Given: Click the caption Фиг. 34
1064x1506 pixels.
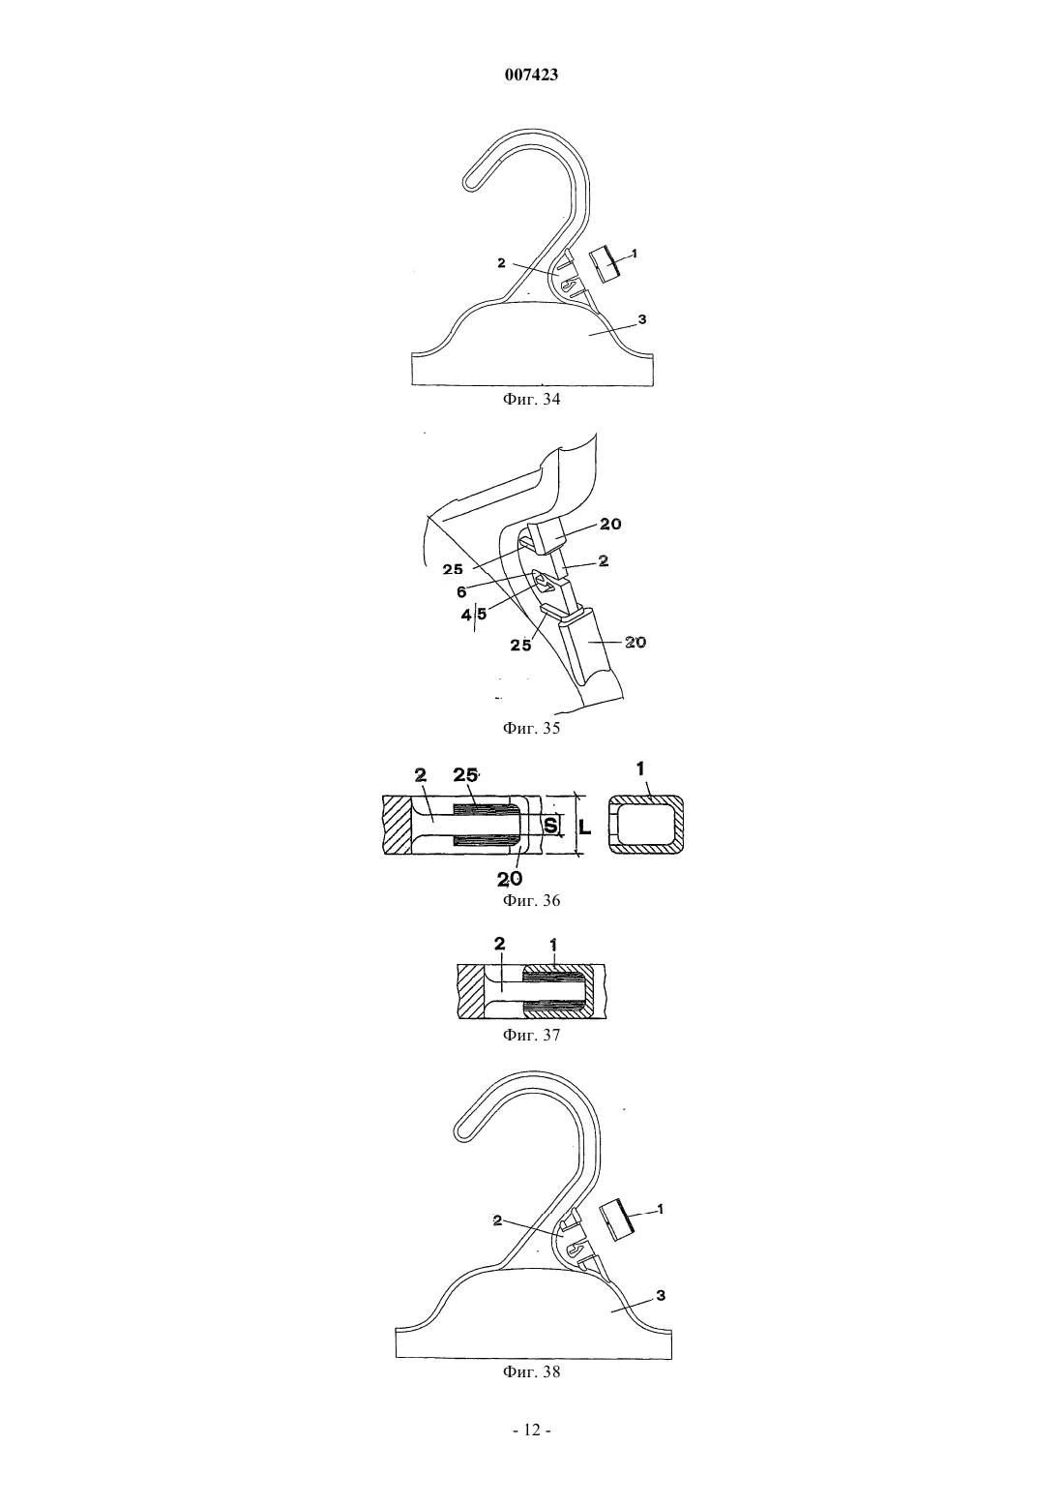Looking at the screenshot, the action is click(531, 399).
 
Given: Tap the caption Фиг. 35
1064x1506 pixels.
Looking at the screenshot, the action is click(531, 728).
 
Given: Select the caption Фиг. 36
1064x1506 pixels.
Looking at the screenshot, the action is click(531, 900).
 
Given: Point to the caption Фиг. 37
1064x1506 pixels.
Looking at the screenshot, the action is click(531, 1035).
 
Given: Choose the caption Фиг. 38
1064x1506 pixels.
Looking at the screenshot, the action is click(531, 1371).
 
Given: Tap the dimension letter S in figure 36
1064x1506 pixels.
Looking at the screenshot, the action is click(550, 825).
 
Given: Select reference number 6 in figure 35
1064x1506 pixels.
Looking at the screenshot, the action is click(461, 592).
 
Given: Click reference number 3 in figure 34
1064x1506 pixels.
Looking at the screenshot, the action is click(642, 319).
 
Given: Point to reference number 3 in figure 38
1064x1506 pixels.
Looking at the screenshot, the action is click(661, 1294).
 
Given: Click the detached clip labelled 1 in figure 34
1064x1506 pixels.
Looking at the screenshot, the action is click(604, 265).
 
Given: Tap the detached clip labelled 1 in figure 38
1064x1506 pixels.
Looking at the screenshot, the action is click(617, 1220).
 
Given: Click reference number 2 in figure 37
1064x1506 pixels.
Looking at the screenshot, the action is click(499, 944).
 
